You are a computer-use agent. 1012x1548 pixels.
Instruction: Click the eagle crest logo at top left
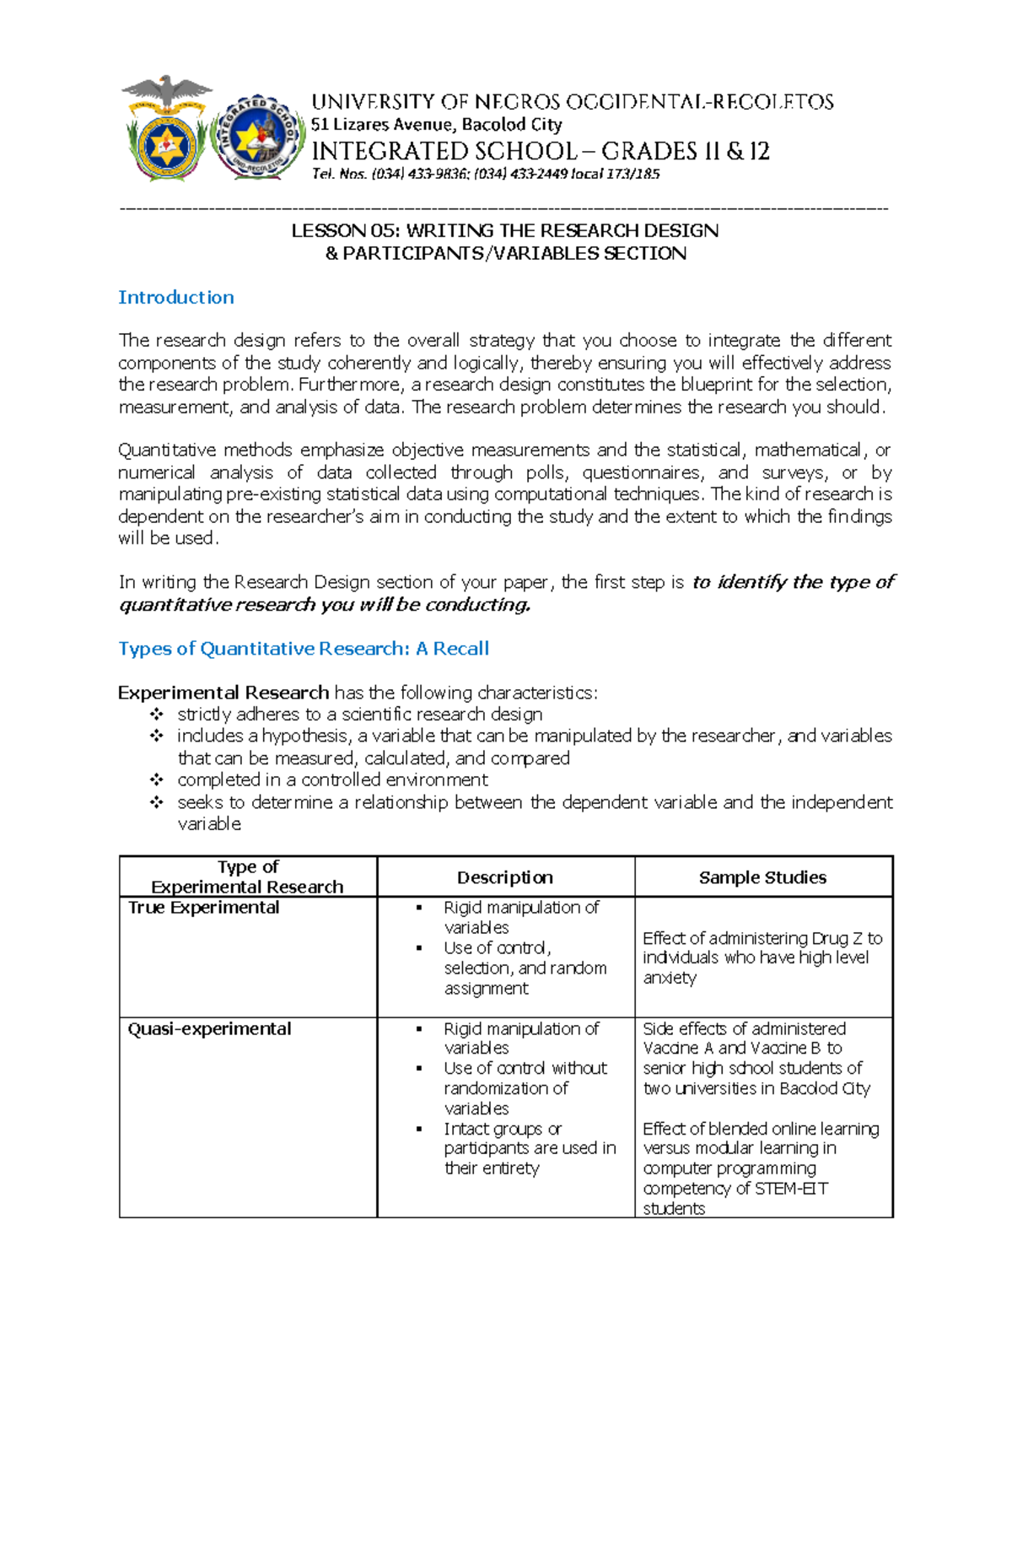click(166, 128)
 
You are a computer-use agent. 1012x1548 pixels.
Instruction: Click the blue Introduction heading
click(175, 297)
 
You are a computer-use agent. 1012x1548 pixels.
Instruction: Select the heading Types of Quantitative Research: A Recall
click(304, 648)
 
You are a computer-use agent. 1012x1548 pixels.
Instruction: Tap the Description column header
click(504, 877)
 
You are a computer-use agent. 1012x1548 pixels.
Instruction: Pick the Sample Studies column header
click(762, 877)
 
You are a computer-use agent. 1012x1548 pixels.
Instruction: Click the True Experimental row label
click(203, 908)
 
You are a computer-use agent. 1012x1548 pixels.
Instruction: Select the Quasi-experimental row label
click(209, 1028)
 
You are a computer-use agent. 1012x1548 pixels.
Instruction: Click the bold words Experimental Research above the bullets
click(223, 693)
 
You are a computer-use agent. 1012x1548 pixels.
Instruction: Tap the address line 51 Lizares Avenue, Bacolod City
click(436, 125)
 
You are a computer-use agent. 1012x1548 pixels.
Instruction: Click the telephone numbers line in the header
click(486, 174)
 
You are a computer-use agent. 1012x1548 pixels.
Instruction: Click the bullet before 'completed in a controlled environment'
click(157, 779)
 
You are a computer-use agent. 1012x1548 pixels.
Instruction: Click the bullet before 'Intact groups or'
click(419, 1129)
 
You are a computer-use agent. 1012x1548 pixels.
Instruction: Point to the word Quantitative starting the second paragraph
click(167, 450)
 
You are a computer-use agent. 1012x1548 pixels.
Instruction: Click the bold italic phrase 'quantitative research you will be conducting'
click(325, 605)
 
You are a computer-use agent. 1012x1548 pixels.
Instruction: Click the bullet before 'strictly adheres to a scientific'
click(157, 715)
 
